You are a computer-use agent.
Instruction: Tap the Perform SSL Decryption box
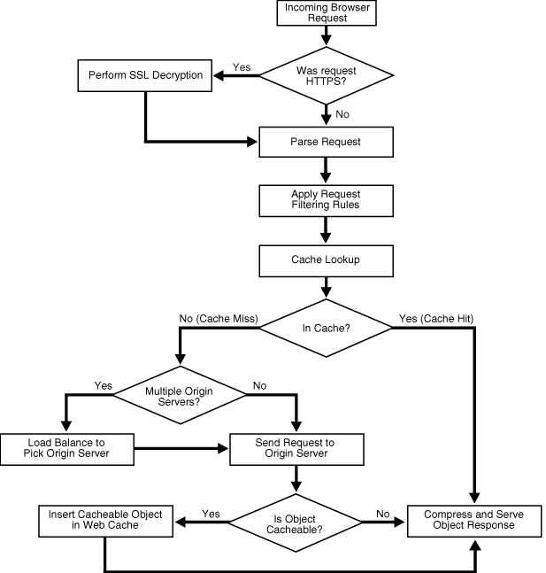[x=146, y=74]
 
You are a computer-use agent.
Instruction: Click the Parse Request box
[x=327, y=140]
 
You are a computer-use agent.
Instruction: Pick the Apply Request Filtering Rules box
[x=327, y=200]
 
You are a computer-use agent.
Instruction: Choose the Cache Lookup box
[x=327, y=259]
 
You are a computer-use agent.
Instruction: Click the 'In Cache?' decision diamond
[x=327, y=328]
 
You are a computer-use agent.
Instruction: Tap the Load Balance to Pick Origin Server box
[x=67, y=447]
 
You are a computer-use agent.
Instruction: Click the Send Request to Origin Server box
[x=296, y=447]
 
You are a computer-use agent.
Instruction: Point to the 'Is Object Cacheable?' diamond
[x=296, y=519]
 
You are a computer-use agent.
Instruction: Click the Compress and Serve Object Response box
[x=474, y=519]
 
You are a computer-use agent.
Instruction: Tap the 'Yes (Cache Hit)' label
[x=444, y=317]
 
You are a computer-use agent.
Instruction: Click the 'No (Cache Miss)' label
[x=217, y=317]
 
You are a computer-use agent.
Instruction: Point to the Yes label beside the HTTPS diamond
[x=241, y=66]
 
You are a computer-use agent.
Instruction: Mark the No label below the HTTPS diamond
[x=343, y=113]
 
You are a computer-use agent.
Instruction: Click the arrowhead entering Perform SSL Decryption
[x=223, y=74]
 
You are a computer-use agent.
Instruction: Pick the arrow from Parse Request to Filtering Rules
[x=327, y=168]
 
